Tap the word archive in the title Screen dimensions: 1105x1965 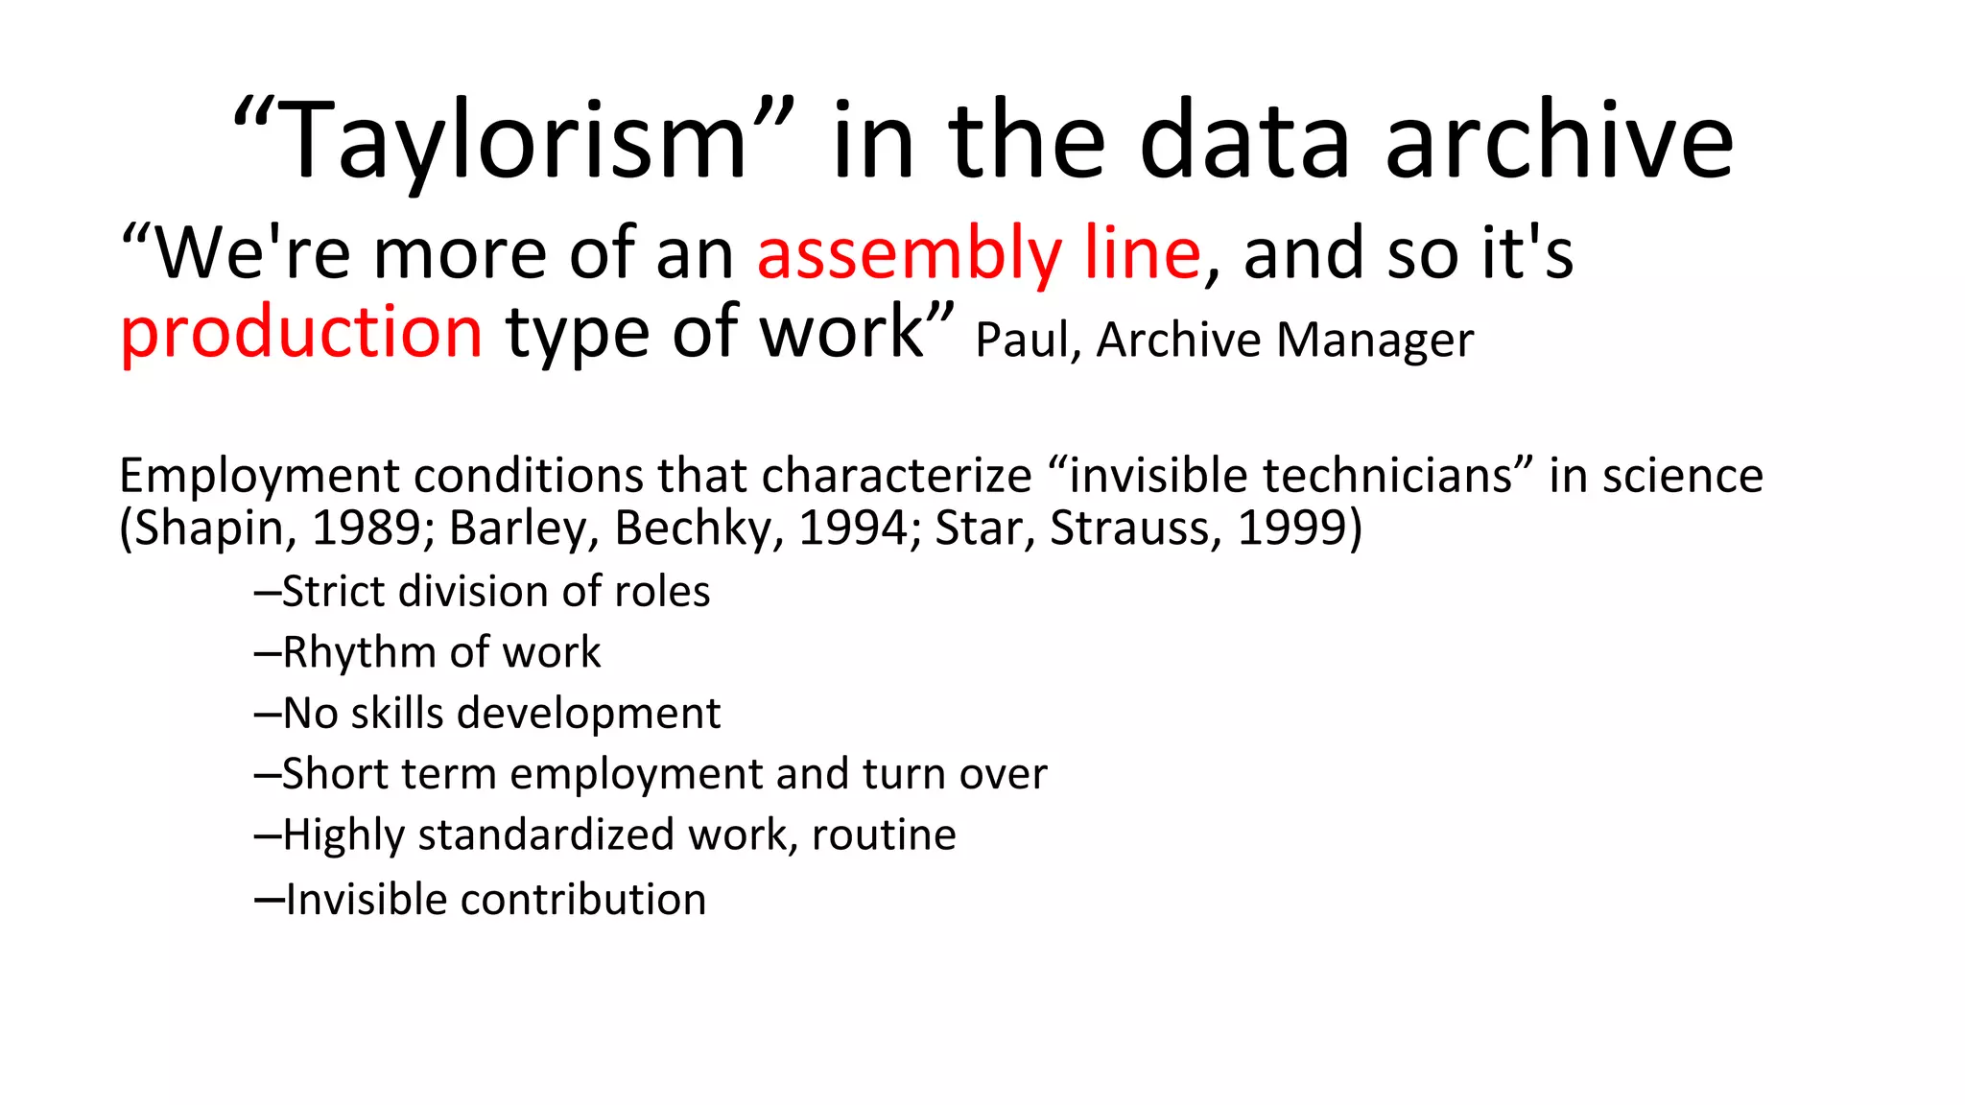pos(1559,141)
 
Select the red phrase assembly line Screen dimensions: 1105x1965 pos(979,254)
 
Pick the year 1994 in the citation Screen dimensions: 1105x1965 pos(852,528)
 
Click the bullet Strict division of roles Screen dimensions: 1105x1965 pos(483,592)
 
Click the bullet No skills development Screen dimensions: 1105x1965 pos(487,714)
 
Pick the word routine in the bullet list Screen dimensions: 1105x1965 pos(884,835)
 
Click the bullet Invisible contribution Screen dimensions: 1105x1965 pos(481,900)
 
